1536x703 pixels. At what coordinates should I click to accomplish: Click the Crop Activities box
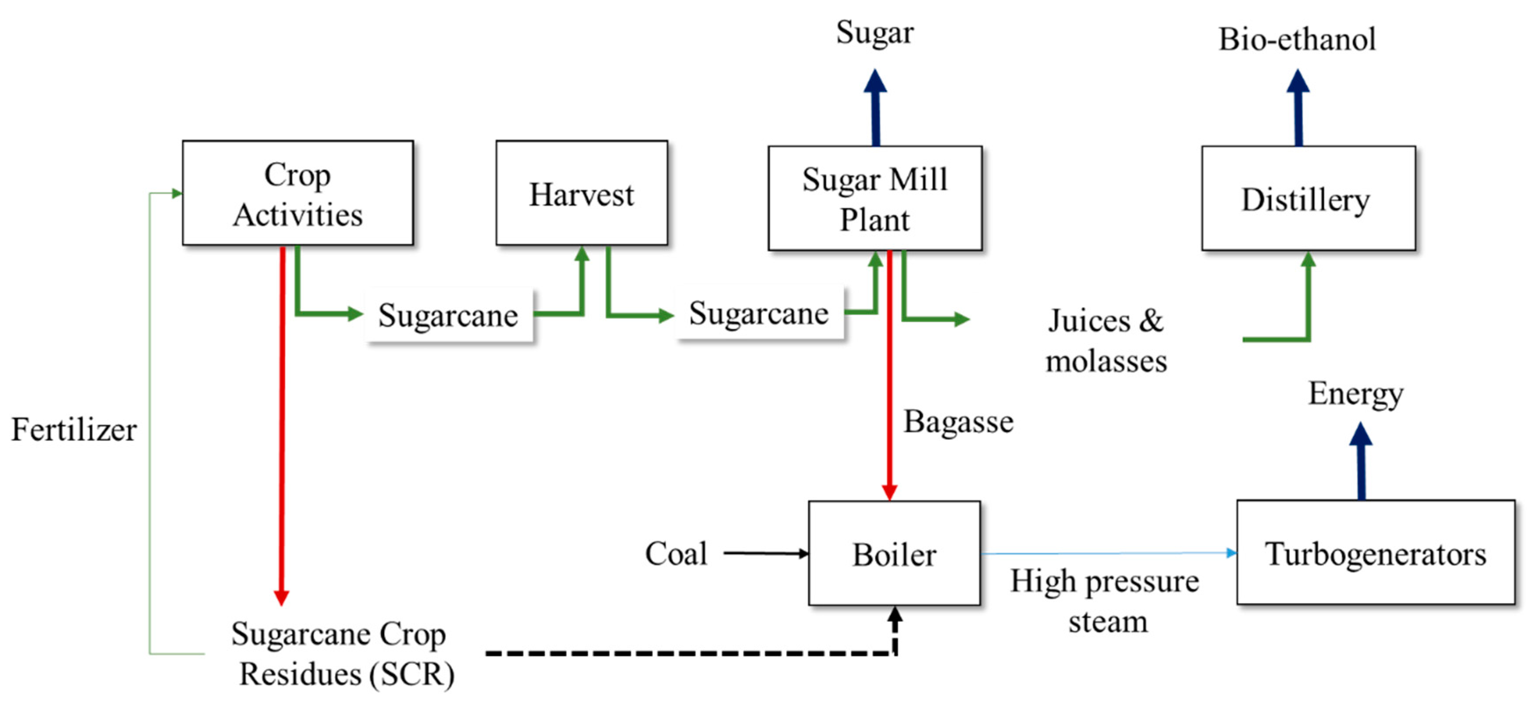(298, 193)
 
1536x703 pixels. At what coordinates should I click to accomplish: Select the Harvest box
(581, 193)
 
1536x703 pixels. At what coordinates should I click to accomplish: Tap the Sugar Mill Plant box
(875, 198)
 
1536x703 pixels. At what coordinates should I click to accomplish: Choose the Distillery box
(1308, 198)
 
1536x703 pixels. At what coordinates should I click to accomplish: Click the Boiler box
(894, 553)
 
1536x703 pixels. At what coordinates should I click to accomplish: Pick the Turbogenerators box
(1376, 553)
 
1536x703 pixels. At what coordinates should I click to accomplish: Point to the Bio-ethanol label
(1297, 40)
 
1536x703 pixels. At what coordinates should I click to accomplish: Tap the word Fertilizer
(74, 429)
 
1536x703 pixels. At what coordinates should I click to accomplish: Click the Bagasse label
(958, 421)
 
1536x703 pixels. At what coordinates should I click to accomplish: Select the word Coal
(676, 553)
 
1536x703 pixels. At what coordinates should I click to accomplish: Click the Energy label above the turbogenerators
(1356, 394)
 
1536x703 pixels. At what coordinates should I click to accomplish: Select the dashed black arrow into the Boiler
(686, 653)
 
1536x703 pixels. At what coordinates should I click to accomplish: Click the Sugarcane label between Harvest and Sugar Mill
(758, 313)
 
